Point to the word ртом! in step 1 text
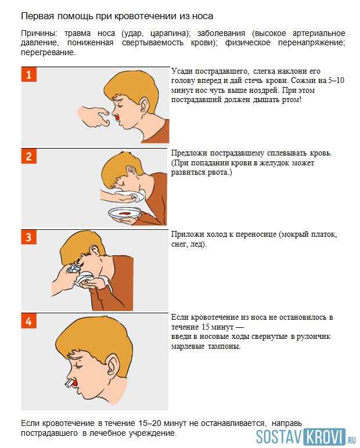[x=290, y=100]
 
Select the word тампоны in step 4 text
[x=224, y=346]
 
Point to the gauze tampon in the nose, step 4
[x=71, y=384]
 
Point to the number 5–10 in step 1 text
[x=333, y=81]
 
